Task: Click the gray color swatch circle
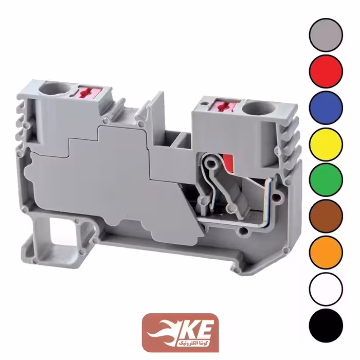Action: (x=326, y=35)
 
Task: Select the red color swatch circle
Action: (x=326, y=71)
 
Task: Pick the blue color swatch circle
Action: (x=326, y=107)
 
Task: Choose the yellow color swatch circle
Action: (x=326, y=144)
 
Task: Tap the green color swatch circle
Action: (x=326, y=180)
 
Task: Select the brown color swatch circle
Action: (x=326, y=217)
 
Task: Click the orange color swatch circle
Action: (x=326, y=253)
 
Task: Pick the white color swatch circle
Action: (x=326, y=289)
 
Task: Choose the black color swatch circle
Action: (x=326, y=326)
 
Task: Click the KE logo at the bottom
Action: (x=180, y=332)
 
